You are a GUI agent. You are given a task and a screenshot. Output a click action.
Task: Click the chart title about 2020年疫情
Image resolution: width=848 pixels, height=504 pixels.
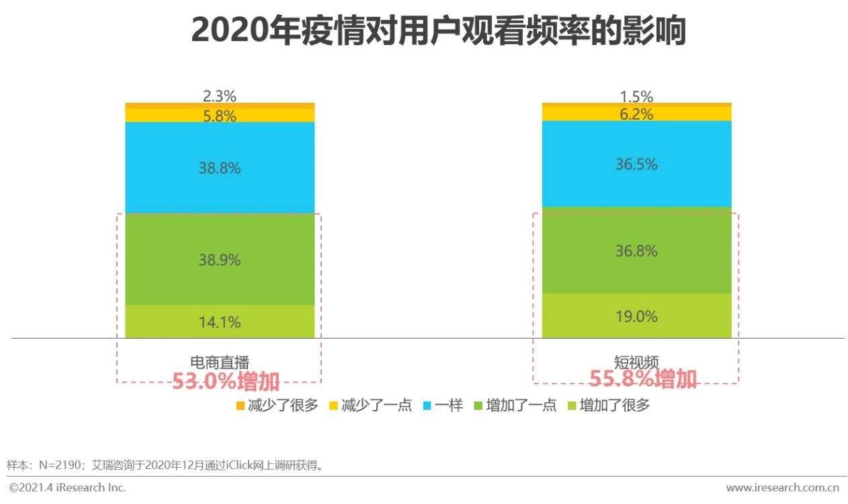click(x=438, y=30)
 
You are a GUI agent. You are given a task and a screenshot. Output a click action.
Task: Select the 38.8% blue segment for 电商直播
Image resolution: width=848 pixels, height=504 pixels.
click(x=220, y=168)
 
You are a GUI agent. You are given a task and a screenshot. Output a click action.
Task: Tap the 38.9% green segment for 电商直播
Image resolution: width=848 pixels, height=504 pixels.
click(x=220, y=259)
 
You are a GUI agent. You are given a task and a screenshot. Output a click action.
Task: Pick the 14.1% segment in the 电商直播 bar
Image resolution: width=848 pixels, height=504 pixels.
click(x=220, y=322)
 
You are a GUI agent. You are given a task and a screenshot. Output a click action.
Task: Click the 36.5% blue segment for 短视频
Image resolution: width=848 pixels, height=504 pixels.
click(x=636, y=164)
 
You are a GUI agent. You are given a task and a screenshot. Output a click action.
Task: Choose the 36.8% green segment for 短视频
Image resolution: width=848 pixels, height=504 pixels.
click(x=636, y=251)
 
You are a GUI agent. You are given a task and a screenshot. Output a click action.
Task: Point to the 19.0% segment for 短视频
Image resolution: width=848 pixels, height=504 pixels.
click(x=636, y=316)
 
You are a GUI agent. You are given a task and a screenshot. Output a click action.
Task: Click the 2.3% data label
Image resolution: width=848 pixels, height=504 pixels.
click(x=220, y=96)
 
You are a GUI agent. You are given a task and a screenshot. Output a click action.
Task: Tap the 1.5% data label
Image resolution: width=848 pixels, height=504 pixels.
click(x=636, y=96)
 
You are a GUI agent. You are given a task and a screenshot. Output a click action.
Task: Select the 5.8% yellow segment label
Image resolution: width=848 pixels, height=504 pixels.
click(x=220, y=116)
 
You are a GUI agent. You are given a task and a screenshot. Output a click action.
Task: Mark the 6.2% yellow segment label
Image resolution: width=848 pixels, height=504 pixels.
click(x=636, y=114)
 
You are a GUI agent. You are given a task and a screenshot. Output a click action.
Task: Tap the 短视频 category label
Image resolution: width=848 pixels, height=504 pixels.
click(x=636, y=362)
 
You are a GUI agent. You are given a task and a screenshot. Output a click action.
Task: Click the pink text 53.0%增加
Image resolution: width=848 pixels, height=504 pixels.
click(x=226, y=381)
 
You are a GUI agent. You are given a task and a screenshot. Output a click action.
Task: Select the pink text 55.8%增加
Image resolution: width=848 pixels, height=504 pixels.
click(x=643, y=379)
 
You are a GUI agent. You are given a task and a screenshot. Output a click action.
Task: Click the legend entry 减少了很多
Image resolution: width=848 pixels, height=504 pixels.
click(x=276, y=405)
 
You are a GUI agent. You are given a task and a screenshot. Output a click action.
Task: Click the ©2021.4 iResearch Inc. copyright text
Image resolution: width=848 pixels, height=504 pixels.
click(x=67, y=487)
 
